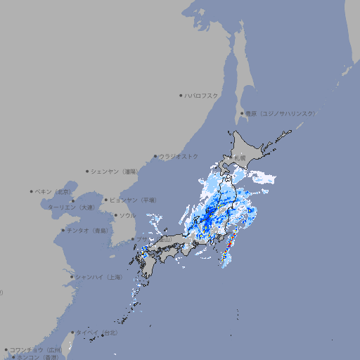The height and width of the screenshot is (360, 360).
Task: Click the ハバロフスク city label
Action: coord(202,95)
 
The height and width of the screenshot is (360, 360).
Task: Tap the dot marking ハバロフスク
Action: coord(181,95)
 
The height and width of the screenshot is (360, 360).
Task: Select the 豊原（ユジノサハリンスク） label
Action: coord(281,113)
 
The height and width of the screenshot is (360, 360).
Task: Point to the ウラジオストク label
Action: coord(179,156)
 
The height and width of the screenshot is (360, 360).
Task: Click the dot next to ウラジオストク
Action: coord(155,157)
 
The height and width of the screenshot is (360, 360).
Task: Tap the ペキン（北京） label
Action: coord(53,191)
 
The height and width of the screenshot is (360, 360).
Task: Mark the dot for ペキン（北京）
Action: coord(32,191)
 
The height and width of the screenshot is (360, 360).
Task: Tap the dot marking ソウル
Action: coord(115,215)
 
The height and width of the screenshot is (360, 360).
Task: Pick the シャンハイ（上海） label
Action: coord(98,277)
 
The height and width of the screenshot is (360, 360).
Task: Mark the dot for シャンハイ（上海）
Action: coord(72,277)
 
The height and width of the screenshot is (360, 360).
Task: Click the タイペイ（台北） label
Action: coord(97,332)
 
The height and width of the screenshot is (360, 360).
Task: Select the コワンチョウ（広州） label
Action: coord(36,349)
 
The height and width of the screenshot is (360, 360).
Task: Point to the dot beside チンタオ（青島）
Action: coord(63,231)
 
